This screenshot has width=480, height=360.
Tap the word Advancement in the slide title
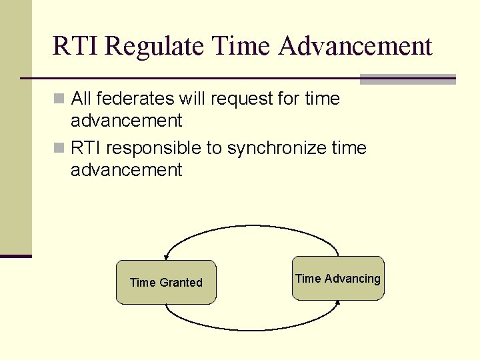355,47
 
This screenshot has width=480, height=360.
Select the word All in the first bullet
81,99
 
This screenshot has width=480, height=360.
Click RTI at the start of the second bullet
86,148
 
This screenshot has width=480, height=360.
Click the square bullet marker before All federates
59,99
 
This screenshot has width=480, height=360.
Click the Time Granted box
166,283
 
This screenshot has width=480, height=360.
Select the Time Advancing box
338,279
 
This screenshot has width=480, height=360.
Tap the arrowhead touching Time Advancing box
337,303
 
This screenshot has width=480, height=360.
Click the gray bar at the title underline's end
407,79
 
